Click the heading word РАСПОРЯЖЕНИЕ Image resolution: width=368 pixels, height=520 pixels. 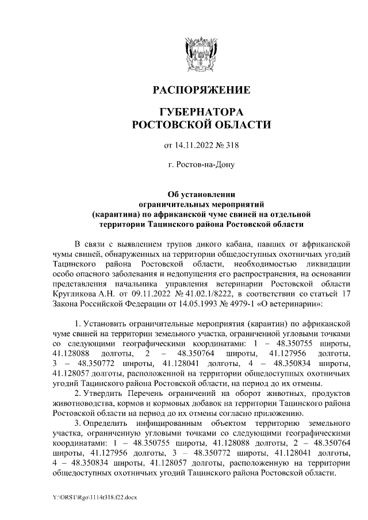click(201, 91)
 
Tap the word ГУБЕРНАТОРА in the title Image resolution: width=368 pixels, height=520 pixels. click(201, 111)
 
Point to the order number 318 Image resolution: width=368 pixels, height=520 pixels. click(232, 144)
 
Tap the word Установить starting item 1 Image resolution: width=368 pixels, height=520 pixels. click(108, 323)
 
